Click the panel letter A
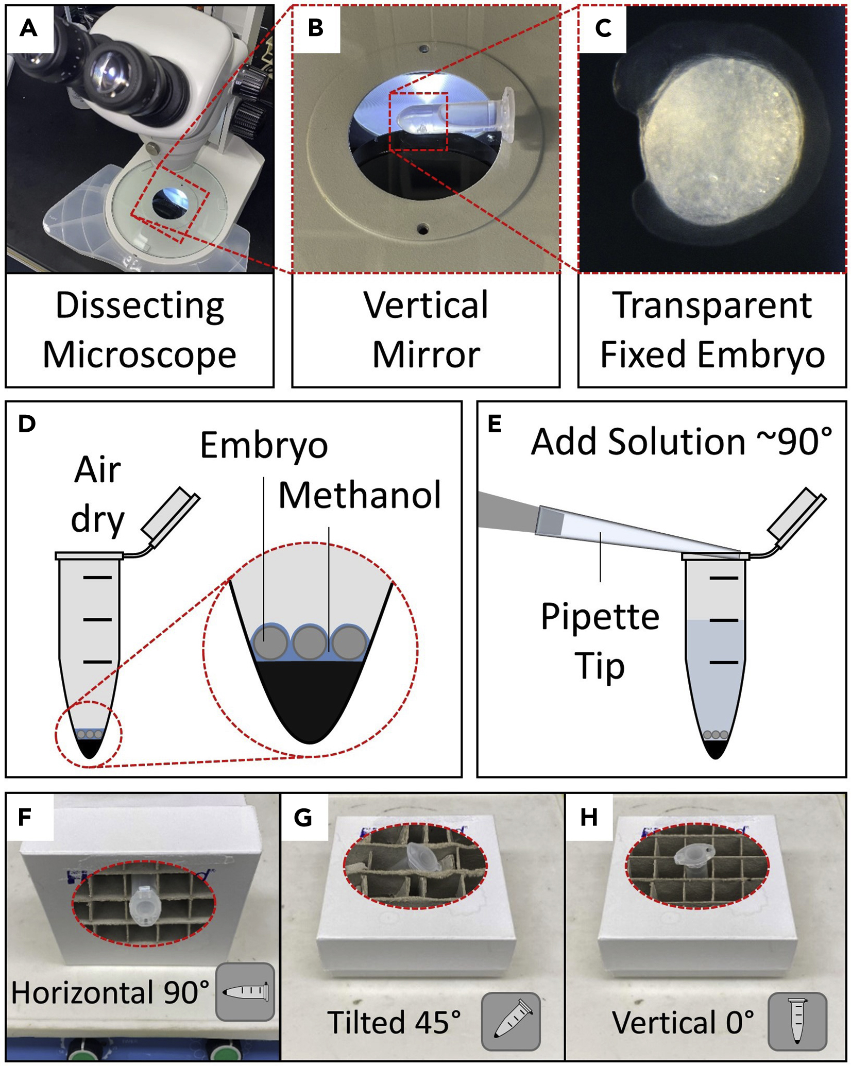coord(29,28)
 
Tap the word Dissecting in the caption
coord(140,306)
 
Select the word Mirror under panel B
coord(426,355)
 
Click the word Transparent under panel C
coord(712,306)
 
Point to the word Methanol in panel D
coord(360,495)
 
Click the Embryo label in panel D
coord(264,445)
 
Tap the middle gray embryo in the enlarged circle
coord(310,642)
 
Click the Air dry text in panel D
coord(97,494)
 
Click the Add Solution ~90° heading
coord(681,442)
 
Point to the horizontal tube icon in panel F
coord(245,992)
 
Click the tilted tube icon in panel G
coord(510,1021)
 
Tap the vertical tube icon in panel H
coord(797,1021)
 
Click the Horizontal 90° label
coord(110,992)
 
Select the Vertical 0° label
coord(683,1022)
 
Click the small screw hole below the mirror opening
coord(423,227)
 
